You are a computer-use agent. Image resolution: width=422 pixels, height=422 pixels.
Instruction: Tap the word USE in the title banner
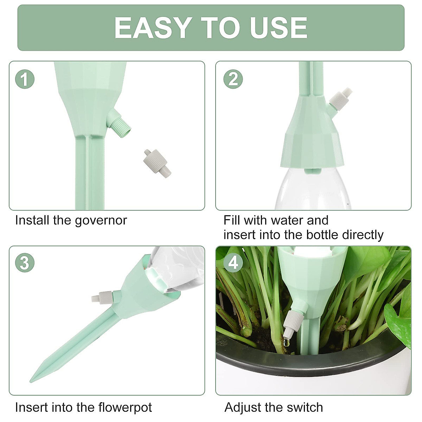(278, 28)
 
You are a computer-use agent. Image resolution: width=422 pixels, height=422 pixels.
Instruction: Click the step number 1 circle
(25, 79)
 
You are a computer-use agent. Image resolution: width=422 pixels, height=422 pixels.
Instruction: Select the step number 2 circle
(233, 79)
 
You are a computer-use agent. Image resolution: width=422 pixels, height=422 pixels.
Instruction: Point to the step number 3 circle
(25, 263)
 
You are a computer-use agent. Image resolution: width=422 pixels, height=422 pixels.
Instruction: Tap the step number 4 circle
(233, 263)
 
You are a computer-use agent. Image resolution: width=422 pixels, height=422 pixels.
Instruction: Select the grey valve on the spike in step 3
(102, 296)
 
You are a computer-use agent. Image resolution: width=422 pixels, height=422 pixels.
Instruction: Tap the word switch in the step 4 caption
(304, 407)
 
